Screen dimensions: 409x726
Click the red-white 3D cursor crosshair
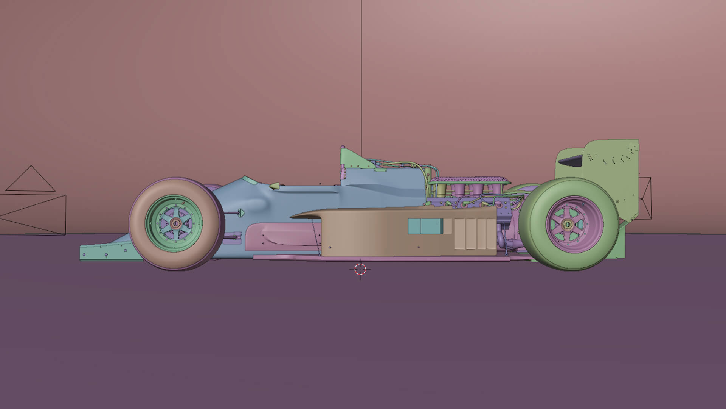coord(360,269)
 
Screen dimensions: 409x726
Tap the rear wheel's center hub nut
coord(568,224)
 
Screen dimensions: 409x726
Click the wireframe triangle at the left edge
coord(30,180)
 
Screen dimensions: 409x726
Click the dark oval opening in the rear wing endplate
coord(571,161)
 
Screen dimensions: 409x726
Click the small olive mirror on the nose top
coord(276,186)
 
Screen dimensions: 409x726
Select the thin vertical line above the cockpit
coord(361,76)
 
